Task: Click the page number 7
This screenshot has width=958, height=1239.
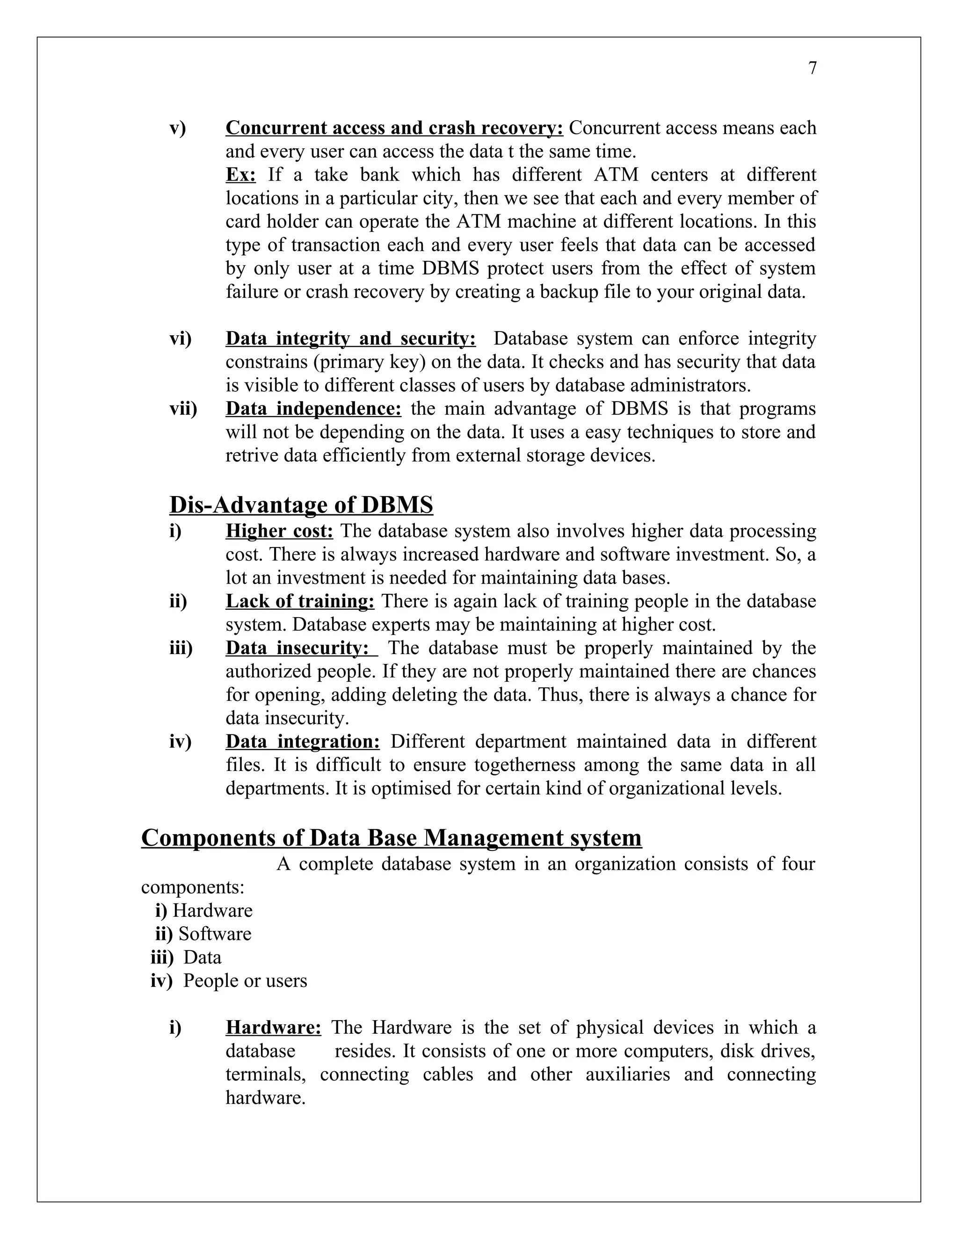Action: pyautogui.click(x=812, y=69)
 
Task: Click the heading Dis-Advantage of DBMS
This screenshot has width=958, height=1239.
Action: pyautogui.click(x=301, y=504)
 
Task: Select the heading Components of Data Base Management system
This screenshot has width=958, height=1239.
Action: pyautogui.click(x=391, y=837)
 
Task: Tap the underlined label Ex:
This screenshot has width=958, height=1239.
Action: pyautogui.click(x=240, y=175)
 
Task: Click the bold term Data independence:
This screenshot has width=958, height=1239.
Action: pyautogui.click(x=313, y=409)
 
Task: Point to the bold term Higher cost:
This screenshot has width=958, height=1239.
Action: pyautogui.click(x=279, y=531)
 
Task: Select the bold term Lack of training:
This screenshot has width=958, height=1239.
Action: pyautogui.click(x=300, y=601)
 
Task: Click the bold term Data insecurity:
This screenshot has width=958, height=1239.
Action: pyautogui.click(x=301, y=648)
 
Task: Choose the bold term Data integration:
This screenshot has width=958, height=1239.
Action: pyautogui.click(x=303, y=742)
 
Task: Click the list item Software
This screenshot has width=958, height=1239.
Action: pyautogui.click(x=215, y=934)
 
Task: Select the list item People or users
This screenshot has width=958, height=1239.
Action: pyautogui.click(x=245, y=980)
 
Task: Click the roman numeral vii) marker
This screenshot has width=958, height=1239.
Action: pyautogui.click(x=183, y=409)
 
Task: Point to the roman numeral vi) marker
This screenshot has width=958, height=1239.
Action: pyautogui.click(x=181, y=339)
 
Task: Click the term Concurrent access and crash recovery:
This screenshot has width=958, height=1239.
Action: pyautogui.click(x=394, y=128)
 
